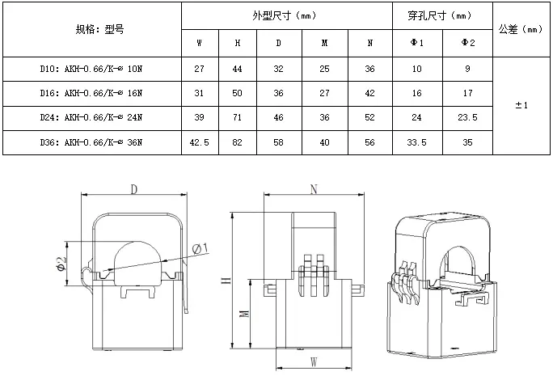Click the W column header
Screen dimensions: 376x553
(x=199, y=43)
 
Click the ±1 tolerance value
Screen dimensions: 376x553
(x=521, y=105)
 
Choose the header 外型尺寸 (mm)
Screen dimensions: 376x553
(x=286, y=15)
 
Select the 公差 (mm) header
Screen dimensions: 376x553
(x=521, y=29)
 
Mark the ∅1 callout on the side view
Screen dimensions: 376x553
(x=201, y=247)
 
